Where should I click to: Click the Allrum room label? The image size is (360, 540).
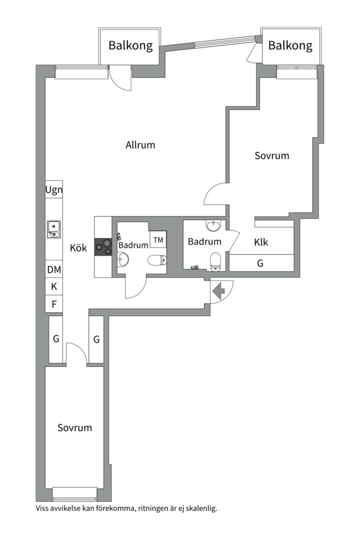140,145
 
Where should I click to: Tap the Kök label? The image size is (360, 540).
78,247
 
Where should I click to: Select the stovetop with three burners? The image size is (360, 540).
103,247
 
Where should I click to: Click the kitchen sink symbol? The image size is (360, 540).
53,229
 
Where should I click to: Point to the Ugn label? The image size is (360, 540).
54,190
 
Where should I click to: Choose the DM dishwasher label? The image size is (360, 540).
54,269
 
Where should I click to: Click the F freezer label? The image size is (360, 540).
54,304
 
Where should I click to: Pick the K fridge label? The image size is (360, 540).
54,286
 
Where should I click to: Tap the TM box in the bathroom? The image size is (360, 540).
158,239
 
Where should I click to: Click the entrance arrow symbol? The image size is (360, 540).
219,291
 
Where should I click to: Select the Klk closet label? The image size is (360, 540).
261,242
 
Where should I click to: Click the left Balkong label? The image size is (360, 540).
130,45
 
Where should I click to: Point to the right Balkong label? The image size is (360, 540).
290,45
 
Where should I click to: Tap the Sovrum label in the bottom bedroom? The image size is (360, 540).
75,427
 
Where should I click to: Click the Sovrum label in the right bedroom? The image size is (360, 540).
272,155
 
